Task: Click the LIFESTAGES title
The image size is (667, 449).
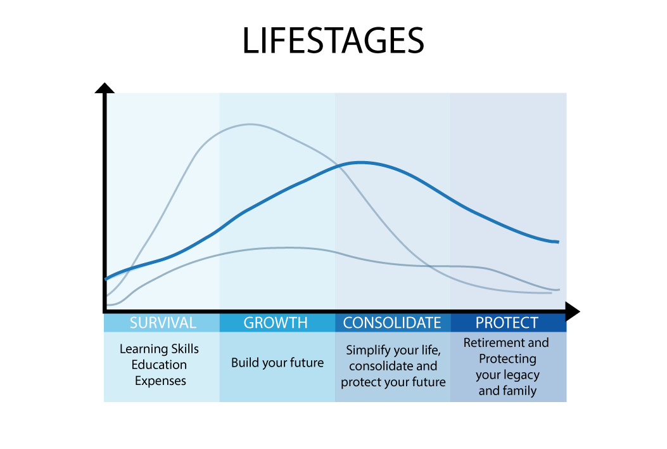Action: pyautogui.click(x=333, y=41)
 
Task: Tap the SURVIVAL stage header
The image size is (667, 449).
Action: pyautogui.click(x=163, y=322)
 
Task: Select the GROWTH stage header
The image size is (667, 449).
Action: pyautogui.click(x=275, y=322)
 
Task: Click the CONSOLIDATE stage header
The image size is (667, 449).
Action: pyautogui.click(x=392, y=322)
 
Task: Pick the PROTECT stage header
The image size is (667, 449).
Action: pyautogui.click(x=507, y=322)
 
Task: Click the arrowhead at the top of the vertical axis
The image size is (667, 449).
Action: pyautogui.click(x=105, y=88)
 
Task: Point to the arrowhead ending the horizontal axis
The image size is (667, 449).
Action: pyautogui.click(x=573, y=312)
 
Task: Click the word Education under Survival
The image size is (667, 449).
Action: pyautogui.click(x=159, y=365)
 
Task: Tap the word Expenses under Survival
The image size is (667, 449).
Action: pyautogui.click(x=160, y=381)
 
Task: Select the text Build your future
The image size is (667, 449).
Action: pyautogui.click(x=277, y=363)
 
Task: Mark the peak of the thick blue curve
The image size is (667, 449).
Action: pyautogui.click(x=360, y=162)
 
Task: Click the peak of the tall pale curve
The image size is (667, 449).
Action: pyautogui.click(x=250, y=124)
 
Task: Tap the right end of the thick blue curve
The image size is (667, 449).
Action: pyautogui.click(x=558, y=242)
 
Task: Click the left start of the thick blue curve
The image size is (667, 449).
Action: pyautogui.click(x=106, y=279)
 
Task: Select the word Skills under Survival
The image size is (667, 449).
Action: pyautogui.click(x=184, y=349)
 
